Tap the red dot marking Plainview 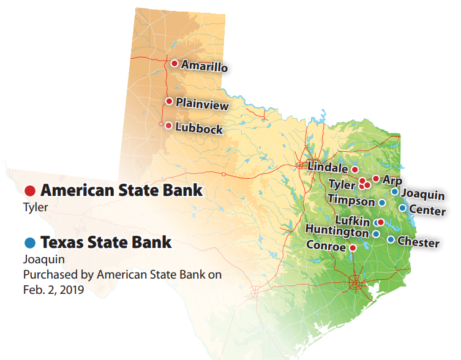click(x=169, y=102)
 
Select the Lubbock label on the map click(x=198, y=129)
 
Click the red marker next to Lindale click(x=354, y=169)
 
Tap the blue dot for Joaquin click(x=395, y=192)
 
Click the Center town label click(x=427, y=211)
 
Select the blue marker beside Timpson click(x=381, y=203)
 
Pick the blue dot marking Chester click(x=391, y=239)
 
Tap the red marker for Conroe click(x=353, y=247)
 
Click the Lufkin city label click(x=353, y=220)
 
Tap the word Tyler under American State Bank click(x=35, y=207)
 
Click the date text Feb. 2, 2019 click(x=53, y=289)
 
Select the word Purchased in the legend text click(x=47, y=274)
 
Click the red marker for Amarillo click(x=174, y=64)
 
